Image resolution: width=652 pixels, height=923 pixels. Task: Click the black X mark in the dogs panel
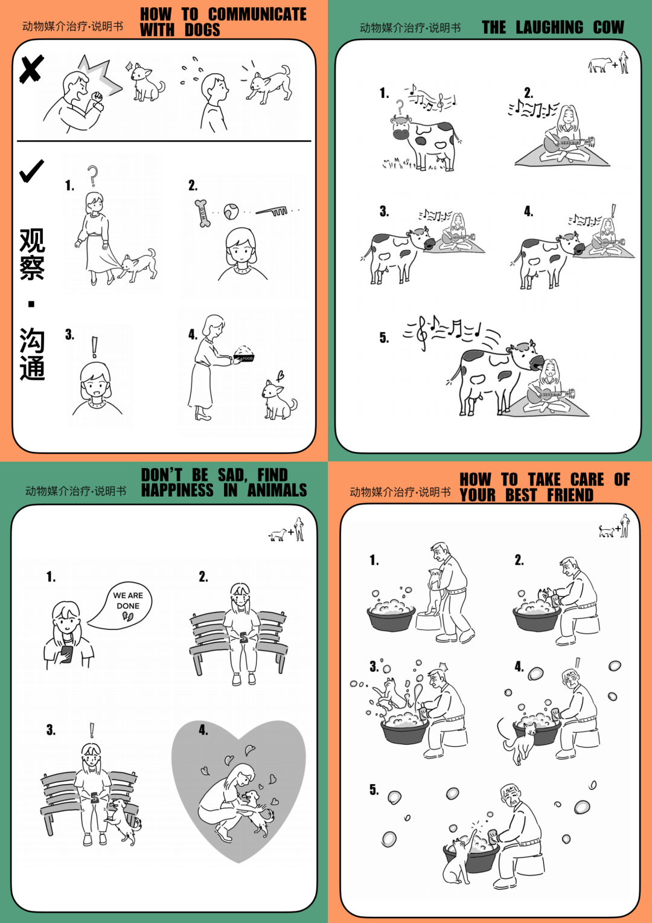tap(31, 69)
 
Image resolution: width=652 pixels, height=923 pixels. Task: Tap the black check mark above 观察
tap(31, 172)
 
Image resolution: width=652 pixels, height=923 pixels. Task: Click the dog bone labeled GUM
tap(202, 213)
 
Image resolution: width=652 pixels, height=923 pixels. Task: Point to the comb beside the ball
tap(272, 211)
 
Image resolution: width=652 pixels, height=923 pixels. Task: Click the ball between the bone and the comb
tap(231, 211)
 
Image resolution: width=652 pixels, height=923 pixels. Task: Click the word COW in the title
tap(609, 28)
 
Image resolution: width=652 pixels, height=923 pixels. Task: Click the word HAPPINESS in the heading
tap(177, 490)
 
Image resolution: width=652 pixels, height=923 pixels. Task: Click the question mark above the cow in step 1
tap(399, 107)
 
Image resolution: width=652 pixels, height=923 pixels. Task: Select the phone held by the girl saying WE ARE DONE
tap(66, 654)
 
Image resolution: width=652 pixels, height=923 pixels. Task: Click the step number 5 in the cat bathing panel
tap(374, 790)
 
